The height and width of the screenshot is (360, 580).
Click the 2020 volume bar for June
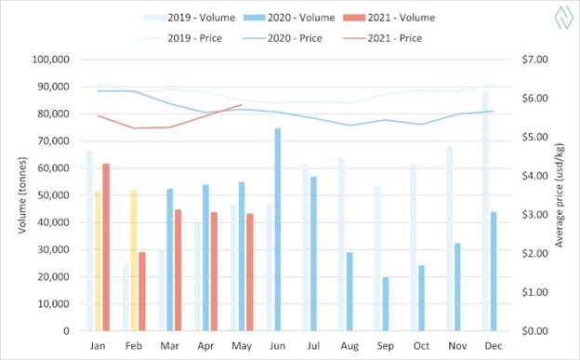(277, 229)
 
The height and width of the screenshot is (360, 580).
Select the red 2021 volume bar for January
(106, 247)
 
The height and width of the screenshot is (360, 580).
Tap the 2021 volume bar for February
(142, 291)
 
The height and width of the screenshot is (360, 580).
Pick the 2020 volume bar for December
(494, 271)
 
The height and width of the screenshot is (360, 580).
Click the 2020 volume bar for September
(386, 303)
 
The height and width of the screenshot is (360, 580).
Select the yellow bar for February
(134, 260)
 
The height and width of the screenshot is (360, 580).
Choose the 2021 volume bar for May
(250, 273)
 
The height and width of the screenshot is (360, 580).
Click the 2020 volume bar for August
(349, 291)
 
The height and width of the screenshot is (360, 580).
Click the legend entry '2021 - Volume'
(389, 18)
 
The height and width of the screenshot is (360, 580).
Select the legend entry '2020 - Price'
(283, 38)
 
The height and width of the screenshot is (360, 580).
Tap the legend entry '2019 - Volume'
(189, 18)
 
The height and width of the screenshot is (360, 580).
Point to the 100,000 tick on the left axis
(51, 60)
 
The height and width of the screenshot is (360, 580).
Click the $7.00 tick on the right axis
(534, 60)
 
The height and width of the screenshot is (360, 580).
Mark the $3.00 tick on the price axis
(534, 215)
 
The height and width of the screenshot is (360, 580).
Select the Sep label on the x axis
(386, 346)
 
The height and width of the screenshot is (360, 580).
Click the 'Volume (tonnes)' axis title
(22, 195)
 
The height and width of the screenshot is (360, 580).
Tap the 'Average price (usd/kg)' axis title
(560, 195)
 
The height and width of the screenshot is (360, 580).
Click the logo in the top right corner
(564, 18)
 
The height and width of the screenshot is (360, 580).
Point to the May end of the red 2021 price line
(242, 105)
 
